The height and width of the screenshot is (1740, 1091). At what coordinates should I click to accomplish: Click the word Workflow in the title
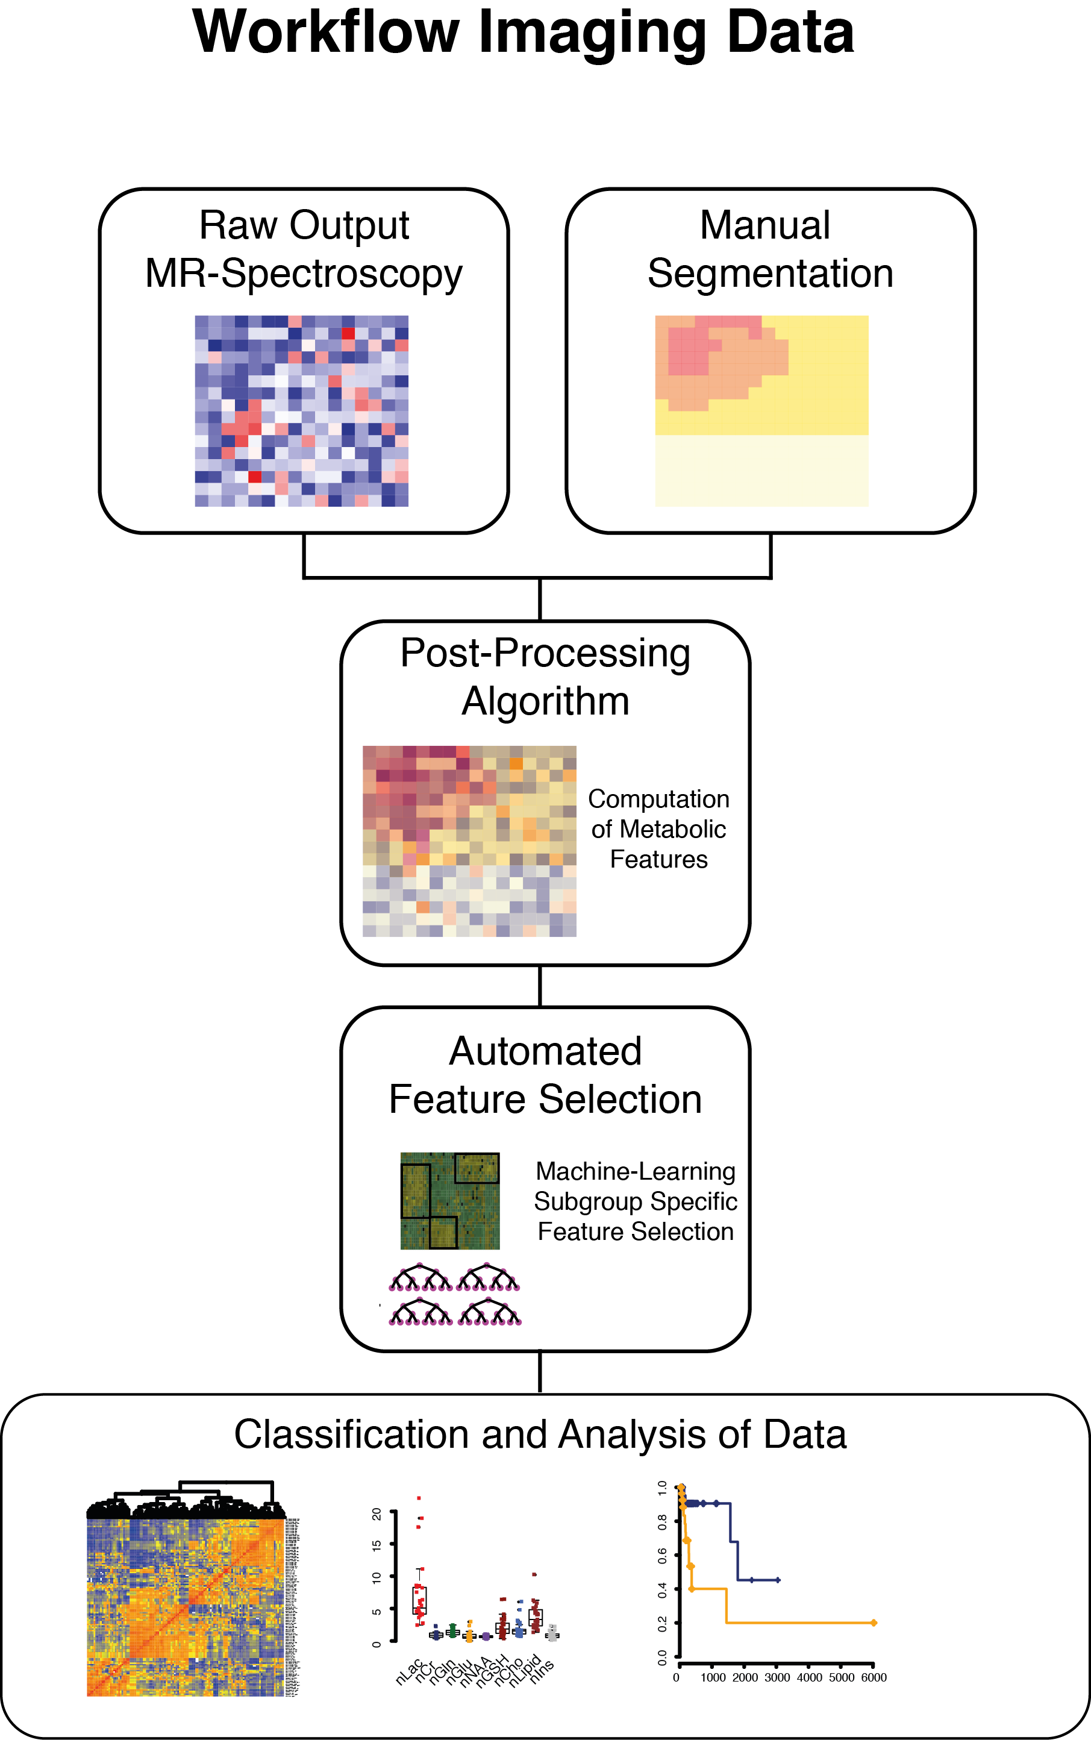(325, 33)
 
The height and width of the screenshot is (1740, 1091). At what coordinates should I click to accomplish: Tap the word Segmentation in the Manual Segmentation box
(770, 274)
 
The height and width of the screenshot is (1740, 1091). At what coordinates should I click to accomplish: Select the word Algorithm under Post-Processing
(546, 701)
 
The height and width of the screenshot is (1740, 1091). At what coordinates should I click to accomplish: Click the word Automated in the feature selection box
(546, 1051)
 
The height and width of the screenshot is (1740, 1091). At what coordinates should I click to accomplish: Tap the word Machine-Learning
(635, 1171)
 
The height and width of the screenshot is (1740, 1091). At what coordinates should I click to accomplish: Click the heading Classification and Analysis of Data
(540, 1434)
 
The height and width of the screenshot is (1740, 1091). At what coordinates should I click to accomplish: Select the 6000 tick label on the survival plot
(873, 1677)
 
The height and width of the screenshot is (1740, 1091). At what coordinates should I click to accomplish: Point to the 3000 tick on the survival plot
(777, 1677)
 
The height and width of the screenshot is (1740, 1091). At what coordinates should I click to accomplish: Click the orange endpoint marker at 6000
(873, 1623)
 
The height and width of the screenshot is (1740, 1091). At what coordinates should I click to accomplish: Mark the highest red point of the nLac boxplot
(419, 1498)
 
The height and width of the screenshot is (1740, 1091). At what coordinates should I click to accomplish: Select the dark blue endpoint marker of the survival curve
(777, 1580)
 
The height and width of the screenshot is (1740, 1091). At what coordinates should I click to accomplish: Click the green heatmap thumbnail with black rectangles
(449, 1201)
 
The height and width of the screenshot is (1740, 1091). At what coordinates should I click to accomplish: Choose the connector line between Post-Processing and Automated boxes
(540, 986)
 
